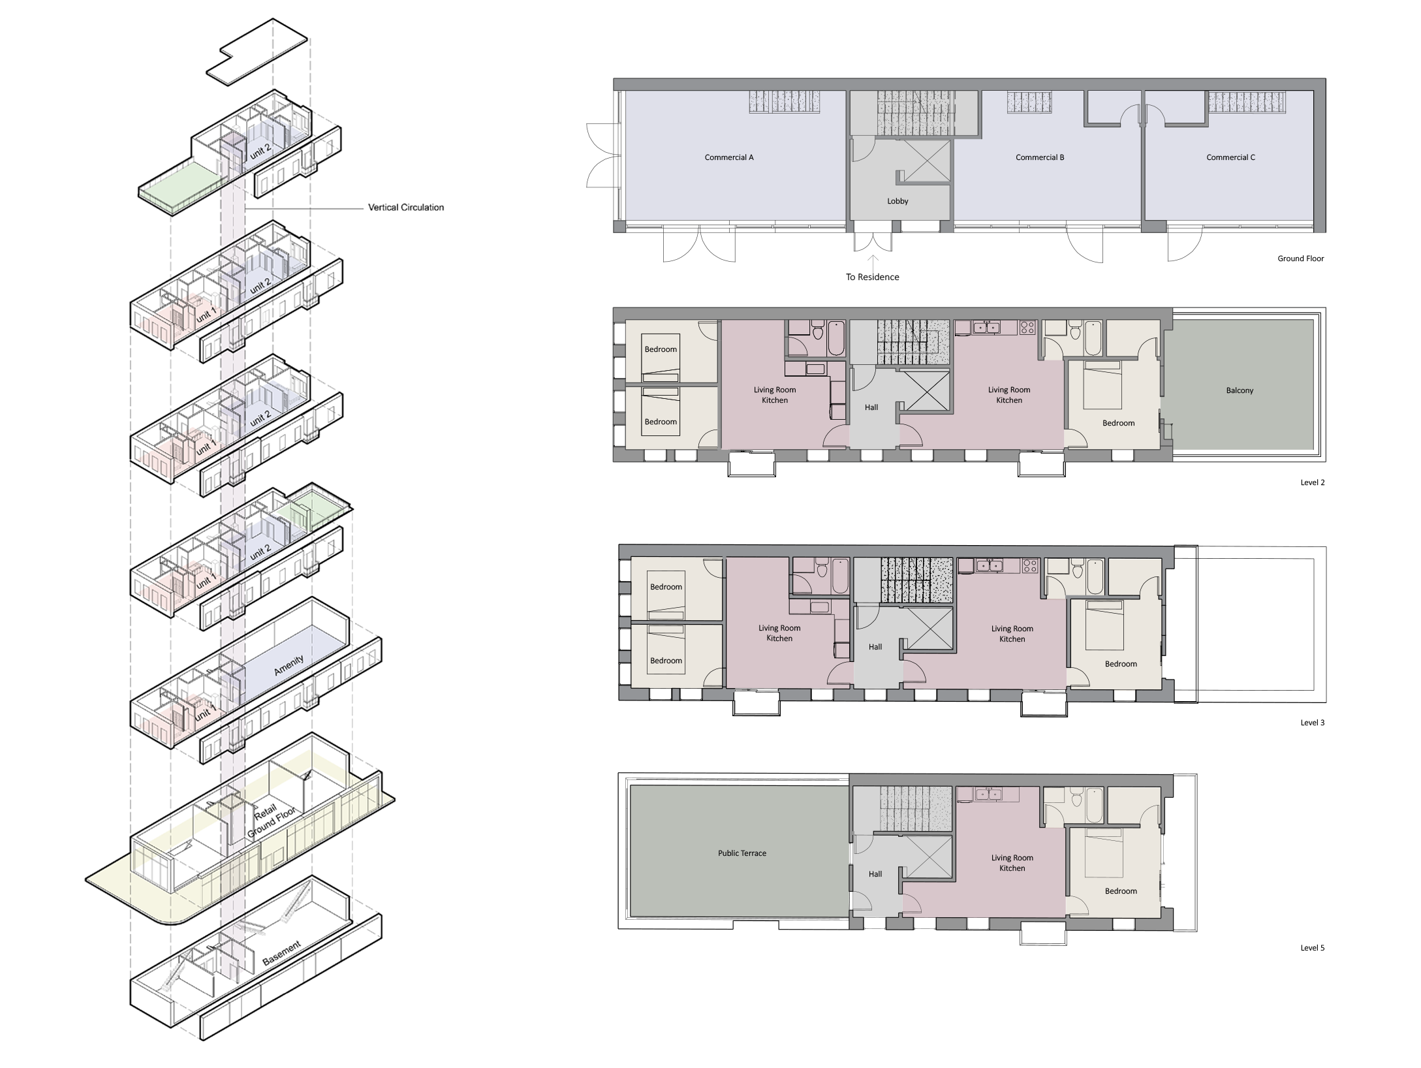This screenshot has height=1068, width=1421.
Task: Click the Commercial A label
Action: (728, 157)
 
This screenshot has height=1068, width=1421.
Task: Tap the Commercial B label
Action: (1039, 157)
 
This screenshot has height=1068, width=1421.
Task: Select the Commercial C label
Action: (1230, 157)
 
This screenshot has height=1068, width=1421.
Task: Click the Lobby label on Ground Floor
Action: (898, 201)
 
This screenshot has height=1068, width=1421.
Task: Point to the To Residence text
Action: (872, 277)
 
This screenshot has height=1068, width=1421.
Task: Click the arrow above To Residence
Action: (873, 261)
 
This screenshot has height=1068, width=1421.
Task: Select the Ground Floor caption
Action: (1300, 259)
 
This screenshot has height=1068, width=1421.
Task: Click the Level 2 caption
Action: (1312, 482)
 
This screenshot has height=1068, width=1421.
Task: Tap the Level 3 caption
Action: (1312, 723)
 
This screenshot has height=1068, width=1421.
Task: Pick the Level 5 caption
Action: (1312, 948)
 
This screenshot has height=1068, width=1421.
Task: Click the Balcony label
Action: (1239, 390)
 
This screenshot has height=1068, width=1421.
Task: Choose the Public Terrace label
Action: (742, 853)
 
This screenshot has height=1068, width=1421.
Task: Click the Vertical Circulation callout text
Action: (405, 208)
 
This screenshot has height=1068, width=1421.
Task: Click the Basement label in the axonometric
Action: (281, 954)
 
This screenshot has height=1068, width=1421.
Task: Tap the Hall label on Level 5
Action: (875, 874)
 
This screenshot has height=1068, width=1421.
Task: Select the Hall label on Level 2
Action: (871, 407)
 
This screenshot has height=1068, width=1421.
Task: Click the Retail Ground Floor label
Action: (270, 821)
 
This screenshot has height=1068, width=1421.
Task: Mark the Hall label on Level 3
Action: (875, 647)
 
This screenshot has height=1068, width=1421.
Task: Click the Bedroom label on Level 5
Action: (1120, 891)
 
